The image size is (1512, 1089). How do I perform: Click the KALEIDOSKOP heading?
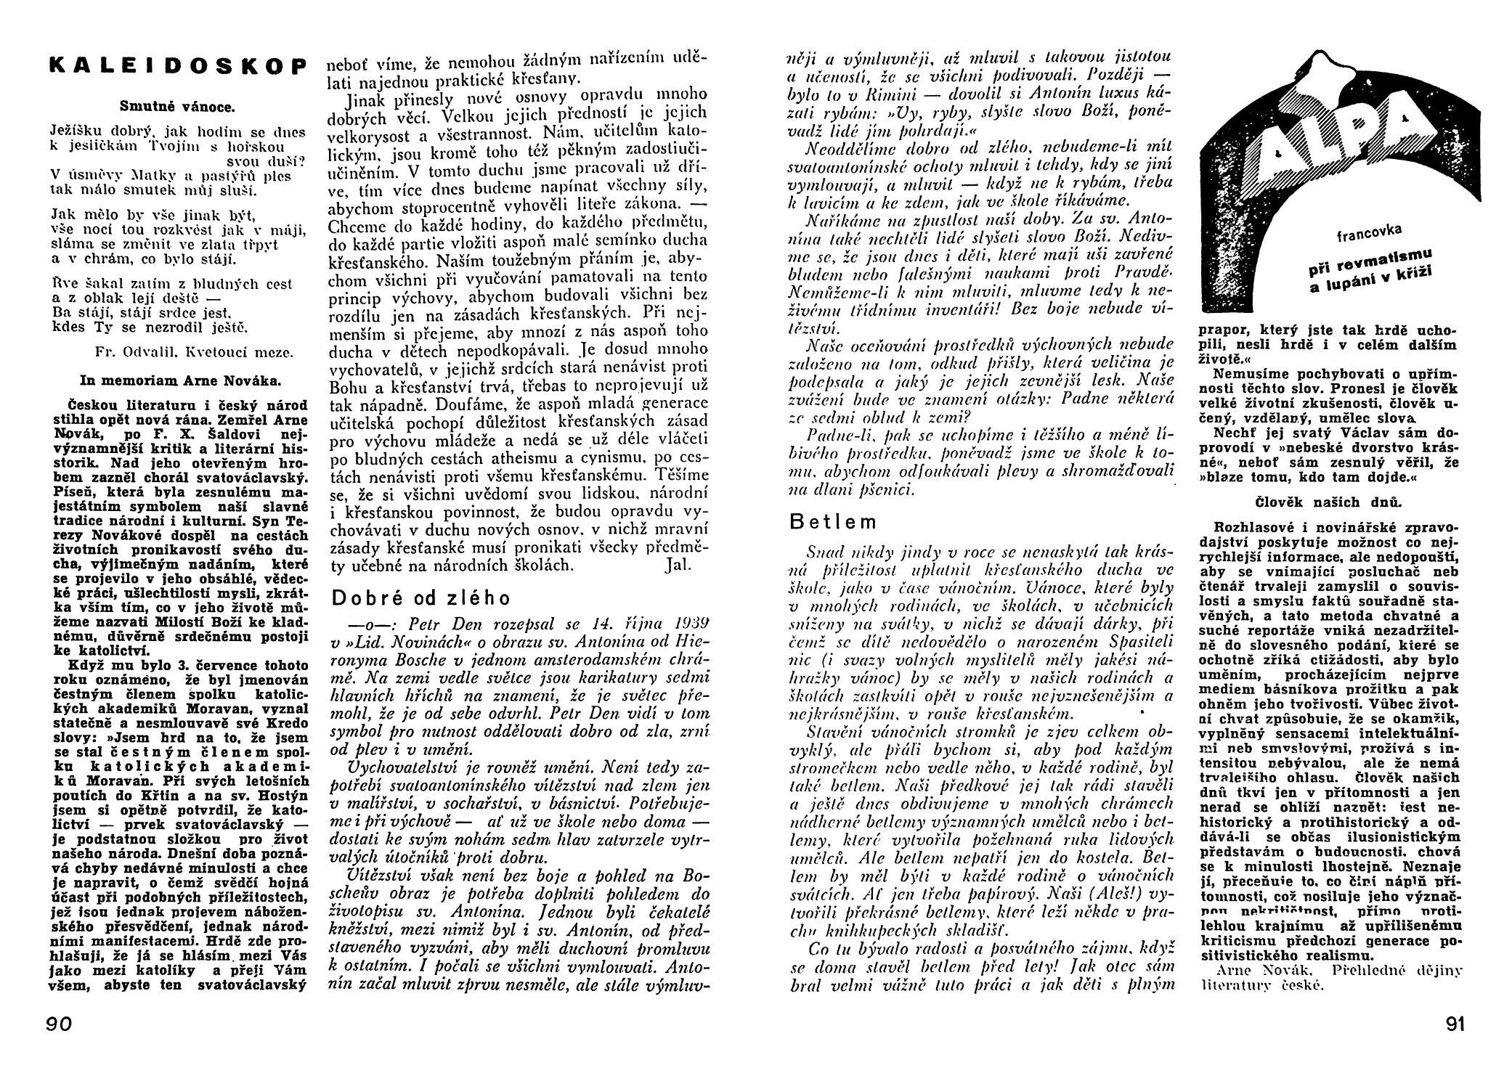click(174, 65)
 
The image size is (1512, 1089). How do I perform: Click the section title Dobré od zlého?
click(420, 597)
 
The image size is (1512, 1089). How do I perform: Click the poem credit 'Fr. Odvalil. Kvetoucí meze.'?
click(194, 352)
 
